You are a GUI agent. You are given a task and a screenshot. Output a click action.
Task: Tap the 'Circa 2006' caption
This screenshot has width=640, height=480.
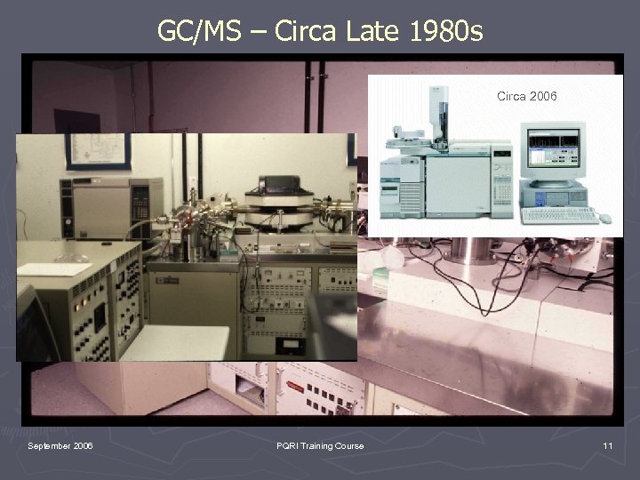[526, 96]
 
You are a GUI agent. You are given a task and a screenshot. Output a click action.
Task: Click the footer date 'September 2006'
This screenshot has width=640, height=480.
[60, 445]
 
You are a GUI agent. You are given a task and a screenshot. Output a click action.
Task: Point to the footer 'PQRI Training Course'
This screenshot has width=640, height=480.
[319, 445]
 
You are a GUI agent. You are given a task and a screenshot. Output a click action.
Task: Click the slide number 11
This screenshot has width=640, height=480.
[607, 445]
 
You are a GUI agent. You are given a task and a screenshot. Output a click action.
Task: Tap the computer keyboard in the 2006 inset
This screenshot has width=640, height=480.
[559, 215]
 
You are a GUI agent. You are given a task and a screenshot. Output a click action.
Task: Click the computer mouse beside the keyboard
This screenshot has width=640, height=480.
[605, 218]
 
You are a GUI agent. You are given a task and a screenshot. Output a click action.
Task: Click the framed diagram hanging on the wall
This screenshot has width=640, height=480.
[97, 151]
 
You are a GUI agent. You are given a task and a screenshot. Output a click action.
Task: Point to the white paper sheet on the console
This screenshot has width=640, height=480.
[53, 268]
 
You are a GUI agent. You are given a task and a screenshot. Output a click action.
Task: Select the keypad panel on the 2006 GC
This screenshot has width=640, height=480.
[502, 188]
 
